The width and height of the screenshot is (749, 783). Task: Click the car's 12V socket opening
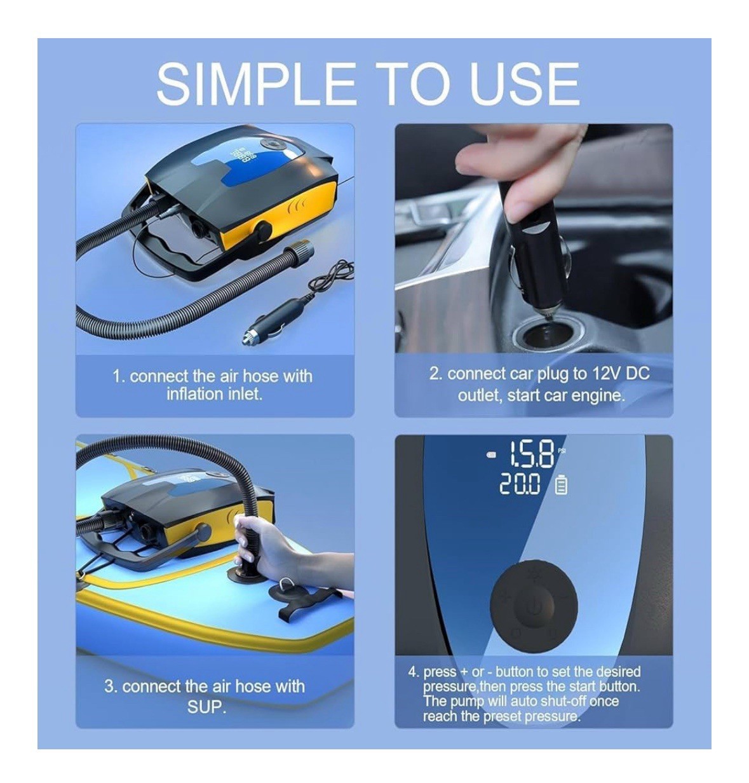(543, 333)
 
